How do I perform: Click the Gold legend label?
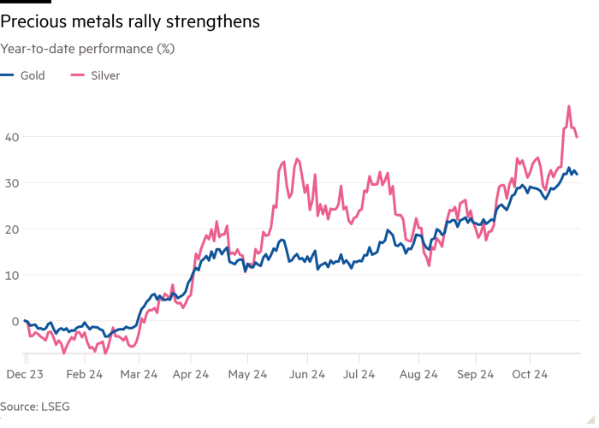point(33,75)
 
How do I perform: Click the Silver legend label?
point(106,75)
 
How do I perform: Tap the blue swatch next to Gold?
point(8,75)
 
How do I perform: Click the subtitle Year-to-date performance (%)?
point(87,49)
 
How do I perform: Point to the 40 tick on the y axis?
point(11,136)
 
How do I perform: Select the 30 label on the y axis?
point(11,182)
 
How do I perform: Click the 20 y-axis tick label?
point(11,229)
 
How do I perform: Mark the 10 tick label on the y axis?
point(11,275)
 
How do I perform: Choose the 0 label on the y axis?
point(15,321)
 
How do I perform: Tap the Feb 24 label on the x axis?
point(84,374)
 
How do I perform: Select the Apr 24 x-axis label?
point(192,374)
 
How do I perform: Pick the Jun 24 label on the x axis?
point(306,374)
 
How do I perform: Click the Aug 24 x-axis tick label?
point(419,374)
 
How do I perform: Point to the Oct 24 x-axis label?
point(530,374)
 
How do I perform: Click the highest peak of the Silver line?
point(569,106)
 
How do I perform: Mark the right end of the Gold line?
point(578,175)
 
